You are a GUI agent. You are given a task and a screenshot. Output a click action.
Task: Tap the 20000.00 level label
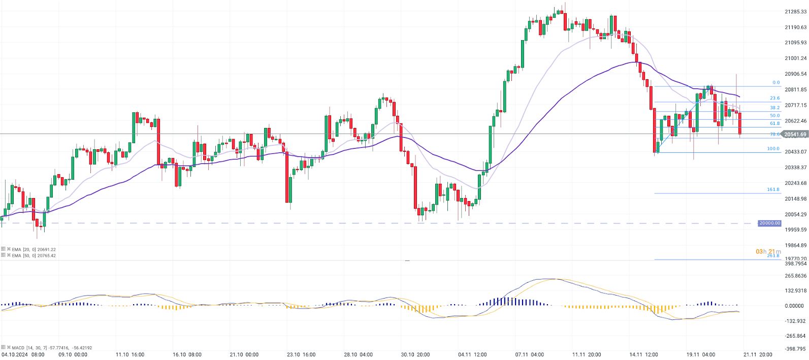click(769, 223)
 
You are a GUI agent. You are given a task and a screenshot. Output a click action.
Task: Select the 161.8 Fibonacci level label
click(773, 189)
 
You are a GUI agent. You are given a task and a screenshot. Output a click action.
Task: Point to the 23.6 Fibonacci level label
click(774, 99)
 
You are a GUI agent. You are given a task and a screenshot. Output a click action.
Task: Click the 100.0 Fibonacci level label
click(773, 149)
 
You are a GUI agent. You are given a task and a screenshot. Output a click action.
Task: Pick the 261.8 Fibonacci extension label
click(773, 256)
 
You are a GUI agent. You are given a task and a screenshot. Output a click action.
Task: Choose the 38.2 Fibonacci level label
click(774, 108)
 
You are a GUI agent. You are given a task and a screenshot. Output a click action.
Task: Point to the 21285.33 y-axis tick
click(796, 11)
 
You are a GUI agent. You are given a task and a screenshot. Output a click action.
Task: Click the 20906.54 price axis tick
click(796, 74)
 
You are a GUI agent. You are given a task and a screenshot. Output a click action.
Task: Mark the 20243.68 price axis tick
click(796, 183)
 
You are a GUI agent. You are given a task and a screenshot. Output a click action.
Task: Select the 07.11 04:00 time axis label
click(530, 355)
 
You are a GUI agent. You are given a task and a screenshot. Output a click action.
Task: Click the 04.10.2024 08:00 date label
click(23, 355)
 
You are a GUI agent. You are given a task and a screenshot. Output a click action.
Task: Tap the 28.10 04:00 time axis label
click(359, 355)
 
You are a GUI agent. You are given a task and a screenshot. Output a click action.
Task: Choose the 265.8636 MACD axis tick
click(796, 276)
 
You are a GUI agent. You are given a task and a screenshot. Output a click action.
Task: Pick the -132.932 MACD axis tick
click(796, 321)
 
